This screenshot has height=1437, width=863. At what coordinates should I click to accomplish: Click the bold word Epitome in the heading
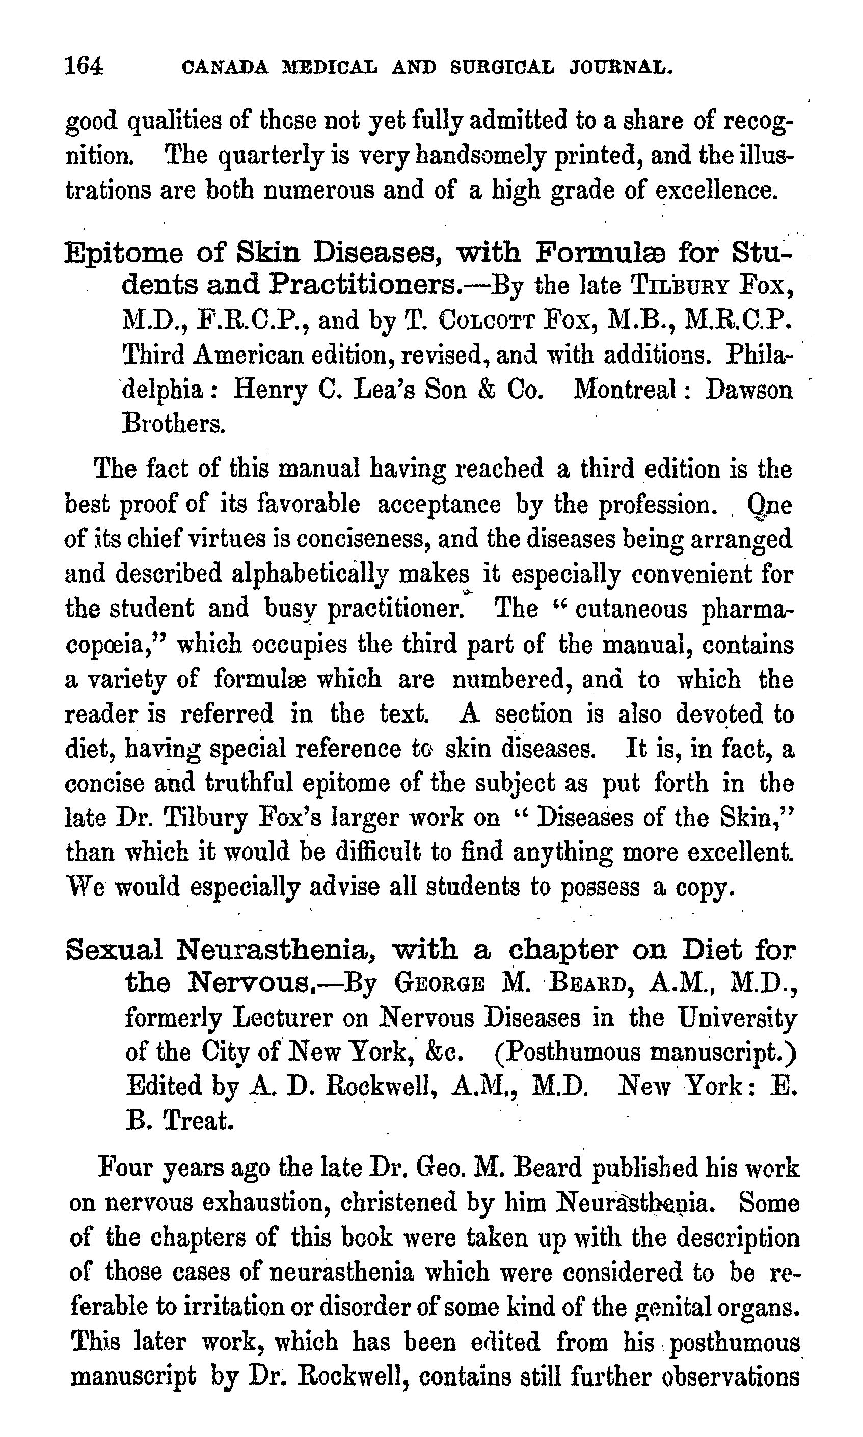124,253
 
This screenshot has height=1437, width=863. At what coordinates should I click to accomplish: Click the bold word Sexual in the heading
115,950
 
